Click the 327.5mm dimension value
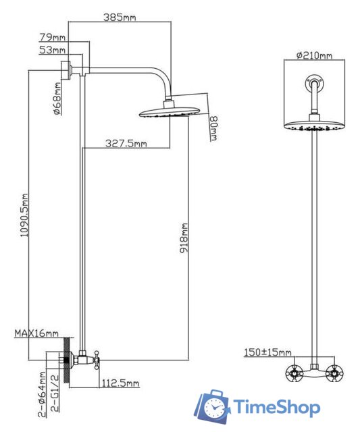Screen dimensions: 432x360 pos(126,143)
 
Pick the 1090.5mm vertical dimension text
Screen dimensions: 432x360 pos(26,213)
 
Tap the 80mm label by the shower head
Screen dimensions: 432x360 pos(213,127)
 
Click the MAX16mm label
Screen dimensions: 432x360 pos(36,333)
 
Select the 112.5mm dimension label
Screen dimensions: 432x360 pos(120,384)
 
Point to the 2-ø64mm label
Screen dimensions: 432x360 pos(42,391)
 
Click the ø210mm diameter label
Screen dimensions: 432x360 pos(315,55)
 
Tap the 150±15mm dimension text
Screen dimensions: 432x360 pos(267,352)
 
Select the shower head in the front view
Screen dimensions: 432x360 pos(314,126)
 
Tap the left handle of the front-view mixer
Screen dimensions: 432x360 pos(294,373)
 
